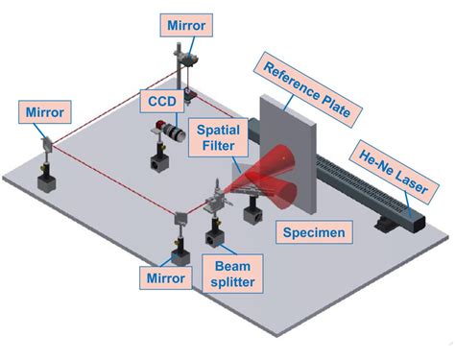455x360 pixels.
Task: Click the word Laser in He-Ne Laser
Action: point(398,180)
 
